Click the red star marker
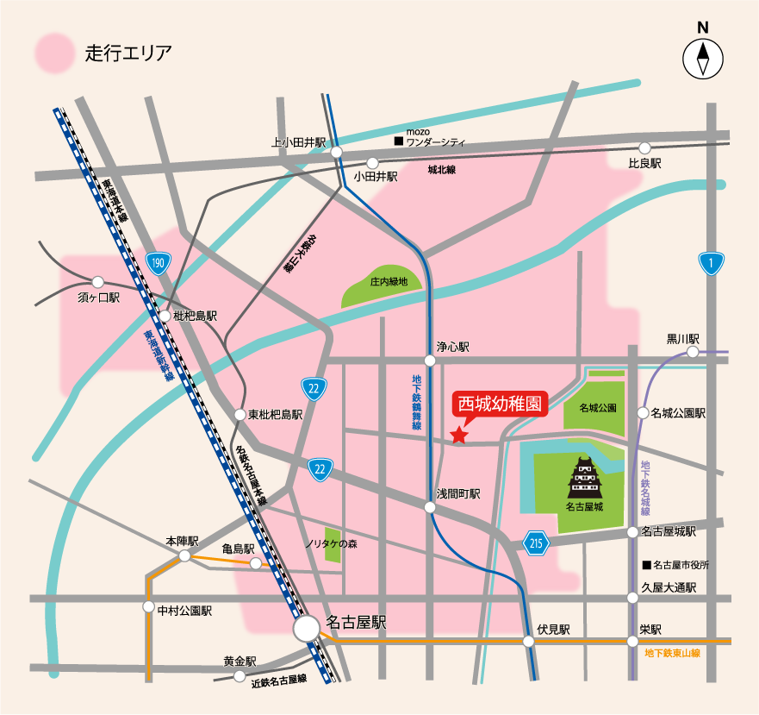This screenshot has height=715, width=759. pyautogui.click(x=459, y=436)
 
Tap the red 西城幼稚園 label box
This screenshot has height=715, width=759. pyautogui.click(x=501, y=404)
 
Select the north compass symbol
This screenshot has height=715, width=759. pyautogui.click(x=703, y=60)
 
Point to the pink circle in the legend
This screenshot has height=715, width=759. pyautogui.click(x=54, y=52)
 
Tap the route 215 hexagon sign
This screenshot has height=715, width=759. pyautogui.click(x=535, y=543)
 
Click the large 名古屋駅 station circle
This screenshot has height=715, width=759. pyautogui.click(x=306, y=628)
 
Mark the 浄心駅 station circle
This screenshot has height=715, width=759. pyautogui.click(x=430, y=360)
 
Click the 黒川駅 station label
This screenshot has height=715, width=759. pyautogui.click(x=682, y=339)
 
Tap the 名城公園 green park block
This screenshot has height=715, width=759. pyautogui.click(x=594, y=405)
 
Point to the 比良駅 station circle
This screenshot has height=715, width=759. pyautogui.click(x=644, y=148)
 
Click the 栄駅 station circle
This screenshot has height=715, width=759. pyautogui.click(x=633, y=641)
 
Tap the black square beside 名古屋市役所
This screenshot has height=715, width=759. pyautogui.click(x=646, y=566)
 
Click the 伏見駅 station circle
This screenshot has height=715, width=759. pyautogui.click(x=528, y=641)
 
